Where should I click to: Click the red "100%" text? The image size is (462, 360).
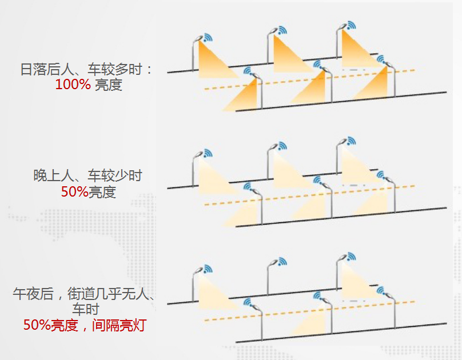click(x=73, y=85)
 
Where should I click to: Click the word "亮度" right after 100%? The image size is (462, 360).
click(x=109, y=85)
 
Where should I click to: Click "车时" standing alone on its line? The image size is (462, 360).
click(x=86, y=310)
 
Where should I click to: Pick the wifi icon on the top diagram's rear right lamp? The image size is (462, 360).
click(x=350, y=25)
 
